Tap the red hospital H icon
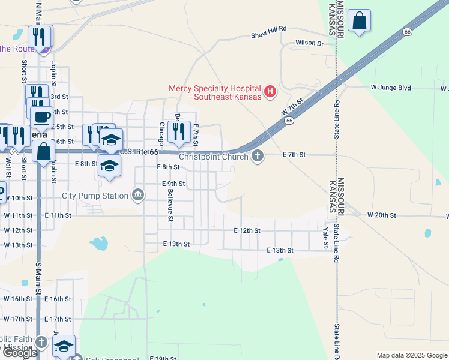(x=270, y=92)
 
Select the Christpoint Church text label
(x=213, y=157)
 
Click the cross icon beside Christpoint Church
(x=258, y=156)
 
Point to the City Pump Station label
(x=95, y=196)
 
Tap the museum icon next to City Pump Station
(x=139, y=195)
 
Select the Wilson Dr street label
(x=309, y=43)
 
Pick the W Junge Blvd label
(x=391, y=88)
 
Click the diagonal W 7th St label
(x=292, y=107)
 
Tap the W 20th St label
(x=382, y=215)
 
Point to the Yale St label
(x=325, y=237)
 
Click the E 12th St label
(x=247, y=230)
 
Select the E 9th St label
(x=173, y=184)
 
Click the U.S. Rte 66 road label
(x=139, y=152)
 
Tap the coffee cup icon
(x=41, y=117)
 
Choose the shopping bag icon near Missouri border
(x=359, y=21)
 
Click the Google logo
(x=19, y=353)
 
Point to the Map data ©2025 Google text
(x=412, y=355)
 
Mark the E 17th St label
(x=58, y=319)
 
